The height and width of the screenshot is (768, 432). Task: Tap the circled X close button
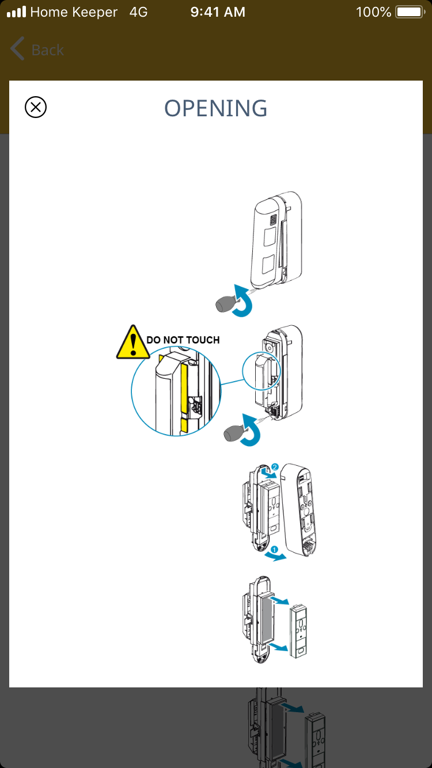[36, 108]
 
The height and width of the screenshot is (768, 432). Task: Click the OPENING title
[216, 108]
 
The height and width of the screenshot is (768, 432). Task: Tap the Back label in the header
[47, 50]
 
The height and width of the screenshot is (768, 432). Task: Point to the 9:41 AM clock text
[218, 12]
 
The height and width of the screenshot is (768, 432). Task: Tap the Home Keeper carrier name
[74, 12]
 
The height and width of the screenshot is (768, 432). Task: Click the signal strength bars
[16, 12]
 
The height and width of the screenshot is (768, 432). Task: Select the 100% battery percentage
[374, 12]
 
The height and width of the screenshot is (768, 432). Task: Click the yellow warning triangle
[133, 343]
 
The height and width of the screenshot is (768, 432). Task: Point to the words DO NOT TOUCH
[183, 340]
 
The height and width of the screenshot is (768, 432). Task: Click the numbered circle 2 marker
[275, 468]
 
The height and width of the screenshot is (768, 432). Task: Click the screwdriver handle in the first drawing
[225, 305]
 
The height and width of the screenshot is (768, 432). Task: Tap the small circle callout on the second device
[261, 370]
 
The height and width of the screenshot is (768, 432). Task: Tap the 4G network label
[139, 12]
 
